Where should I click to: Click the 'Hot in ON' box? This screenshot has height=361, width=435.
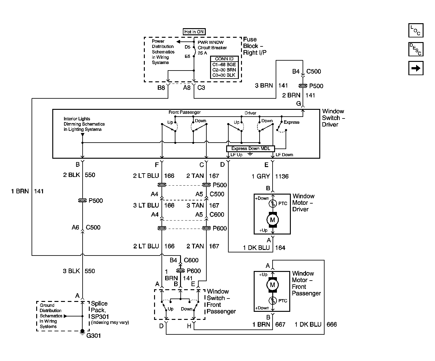point(194,32)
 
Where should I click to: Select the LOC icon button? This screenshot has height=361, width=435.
point(416,30)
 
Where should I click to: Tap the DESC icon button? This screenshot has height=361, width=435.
point(416,49)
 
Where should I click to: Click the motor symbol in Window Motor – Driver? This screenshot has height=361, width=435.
point(273,220)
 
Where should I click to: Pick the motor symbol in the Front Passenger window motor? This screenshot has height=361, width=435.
point(273,285)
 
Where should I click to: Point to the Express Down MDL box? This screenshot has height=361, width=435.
point(250,148)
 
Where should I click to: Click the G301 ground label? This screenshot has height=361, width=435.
point(93,336)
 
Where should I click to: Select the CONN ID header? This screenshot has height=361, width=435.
point(224,59)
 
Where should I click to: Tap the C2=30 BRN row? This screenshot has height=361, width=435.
point(224,70)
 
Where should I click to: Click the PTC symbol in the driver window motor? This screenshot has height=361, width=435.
point(273,203)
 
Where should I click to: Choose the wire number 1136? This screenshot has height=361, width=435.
point(282,176)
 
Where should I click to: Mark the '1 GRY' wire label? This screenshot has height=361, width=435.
point(261,176)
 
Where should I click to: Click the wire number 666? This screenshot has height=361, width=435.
point(332,324)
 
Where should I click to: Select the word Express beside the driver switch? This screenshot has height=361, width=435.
point(291,122)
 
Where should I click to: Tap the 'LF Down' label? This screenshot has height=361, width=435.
point(284,155)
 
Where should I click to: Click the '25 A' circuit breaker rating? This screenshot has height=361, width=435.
point(202,53)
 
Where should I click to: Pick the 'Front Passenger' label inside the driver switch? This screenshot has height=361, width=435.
point(185,112)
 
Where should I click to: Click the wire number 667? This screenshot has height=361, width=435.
point(280,324)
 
